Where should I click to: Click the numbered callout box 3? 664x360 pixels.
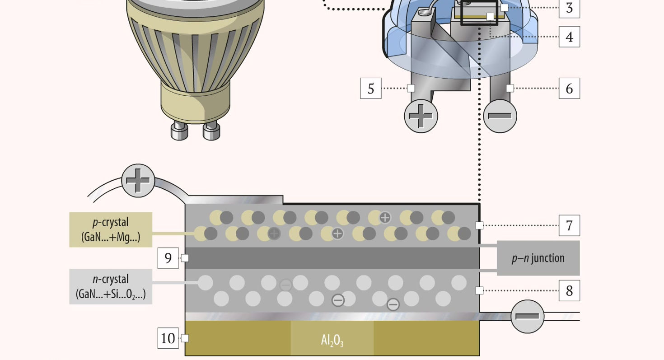pos(569,8)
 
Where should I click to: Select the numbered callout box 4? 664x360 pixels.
pos(569,37)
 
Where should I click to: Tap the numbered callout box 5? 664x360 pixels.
pos(371,88)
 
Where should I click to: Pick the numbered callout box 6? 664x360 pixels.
pos(569,88)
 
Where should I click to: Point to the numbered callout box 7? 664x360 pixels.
pos(569,225)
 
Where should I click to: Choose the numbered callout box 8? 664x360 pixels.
pos(569,290)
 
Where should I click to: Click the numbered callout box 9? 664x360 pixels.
pos(168,258)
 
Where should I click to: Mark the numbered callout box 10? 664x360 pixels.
pos(168,338)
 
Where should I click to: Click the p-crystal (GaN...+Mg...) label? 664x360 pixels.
pos(111,229)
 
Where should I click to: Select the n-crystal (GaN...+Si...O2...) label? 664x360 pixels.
pos(111,286)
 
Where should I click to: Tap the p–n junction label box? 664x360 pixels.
pos(538,258)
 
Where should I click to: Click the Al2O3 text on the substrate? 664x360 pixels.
pos(332,340)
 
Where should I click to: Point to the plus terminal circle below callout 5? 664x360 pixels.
pos(421,116)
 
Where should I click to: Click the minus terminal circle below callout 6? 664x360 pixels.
pos(500,116)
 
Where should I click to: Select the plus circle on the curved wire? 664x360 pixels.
pos(138,181)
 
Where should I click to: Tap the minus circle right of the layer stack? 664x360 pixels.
pos(527,316)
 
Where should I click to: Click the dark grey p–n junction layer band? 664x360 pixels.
pos(332,258)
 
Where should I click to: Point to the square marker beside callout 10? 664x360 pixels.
pos(185,338)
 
